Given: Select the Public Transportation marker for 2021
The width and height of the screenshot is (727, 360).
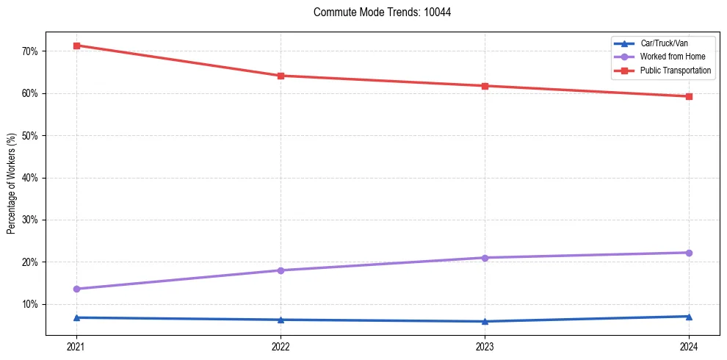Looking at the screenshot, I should tap(76, 46).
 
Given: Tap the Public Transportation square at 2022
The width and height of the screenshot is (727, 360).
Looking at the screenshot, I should tap(281, 76).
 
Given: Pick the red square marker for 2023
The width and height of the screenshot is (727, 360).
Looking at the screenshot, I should tap(485, 86).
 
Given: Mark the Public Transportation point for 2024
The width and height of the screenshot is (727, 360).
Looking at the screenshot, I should tap(689, 96).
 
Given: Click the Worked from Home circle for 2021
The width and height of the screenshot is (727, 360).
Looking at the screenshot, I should tap(76, 289).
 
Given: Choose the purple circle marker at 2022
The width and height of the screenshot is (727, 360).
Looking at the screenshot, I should tap(281, 270).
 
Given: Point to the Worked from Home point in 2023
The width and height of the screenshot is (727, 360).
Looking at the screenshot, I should tap(485, 258).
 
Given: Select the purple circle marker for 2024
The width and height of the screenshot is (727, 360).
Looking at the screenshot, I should tap(689, 253).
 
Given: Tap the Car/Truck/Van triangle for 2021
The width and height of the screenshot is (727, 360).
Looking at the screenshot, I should tap(76, 317).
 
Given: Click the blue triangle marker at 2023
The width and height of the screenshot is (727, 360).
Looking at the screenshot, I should tap(485, 321).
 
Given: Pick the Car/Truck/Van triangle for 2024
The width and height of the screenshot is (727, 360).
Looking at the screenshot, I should tap(689, 317).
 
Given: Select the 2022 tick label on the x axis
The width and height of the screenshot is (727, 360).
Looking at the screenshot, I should tap(281, 346).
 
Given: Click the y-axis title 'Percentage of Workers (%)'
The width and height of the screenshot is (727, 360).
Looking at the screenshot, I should tap(12, 184).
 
